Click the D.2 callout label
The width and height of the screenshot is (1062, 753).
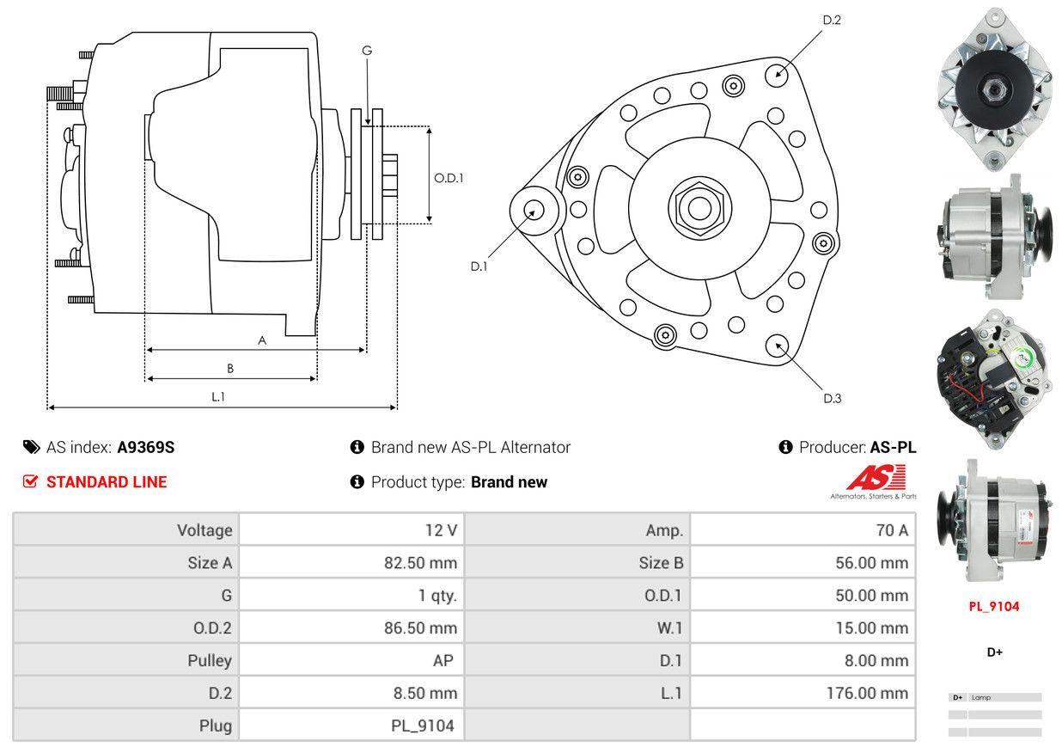(831, 20)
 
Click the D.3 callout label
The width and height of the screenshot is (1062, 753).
(832, 398)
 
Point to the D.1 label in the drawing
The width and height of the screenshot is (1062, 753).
(479, 266)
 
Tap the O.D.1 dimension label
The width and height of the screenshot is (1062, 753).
(449, 178)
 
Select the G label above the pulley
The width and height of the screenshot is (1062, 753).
(367, 51)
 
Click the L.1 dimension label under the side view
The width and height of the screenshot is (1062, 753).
(218, 396)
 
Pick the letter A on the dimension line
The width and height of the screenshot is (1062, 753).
(262, 340)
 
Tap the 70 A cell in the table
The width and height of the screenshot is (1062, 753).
(891, 530)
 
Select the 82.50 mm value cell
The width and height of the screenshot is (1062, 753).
(420, 563)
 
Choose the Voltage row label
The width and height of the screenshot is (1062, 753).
(204, 530)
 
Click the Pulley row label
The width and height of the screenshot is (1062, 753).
(210, 660)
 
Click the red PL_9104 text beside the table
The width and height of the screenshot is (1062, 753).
(994, 606)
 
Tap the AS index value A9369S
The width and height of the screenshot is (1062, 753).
(146, 447)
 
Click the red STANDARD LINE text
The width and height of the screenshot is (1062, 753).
(106, 482)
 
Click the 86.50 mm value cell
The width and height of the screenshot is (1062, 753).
(420, 628)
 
